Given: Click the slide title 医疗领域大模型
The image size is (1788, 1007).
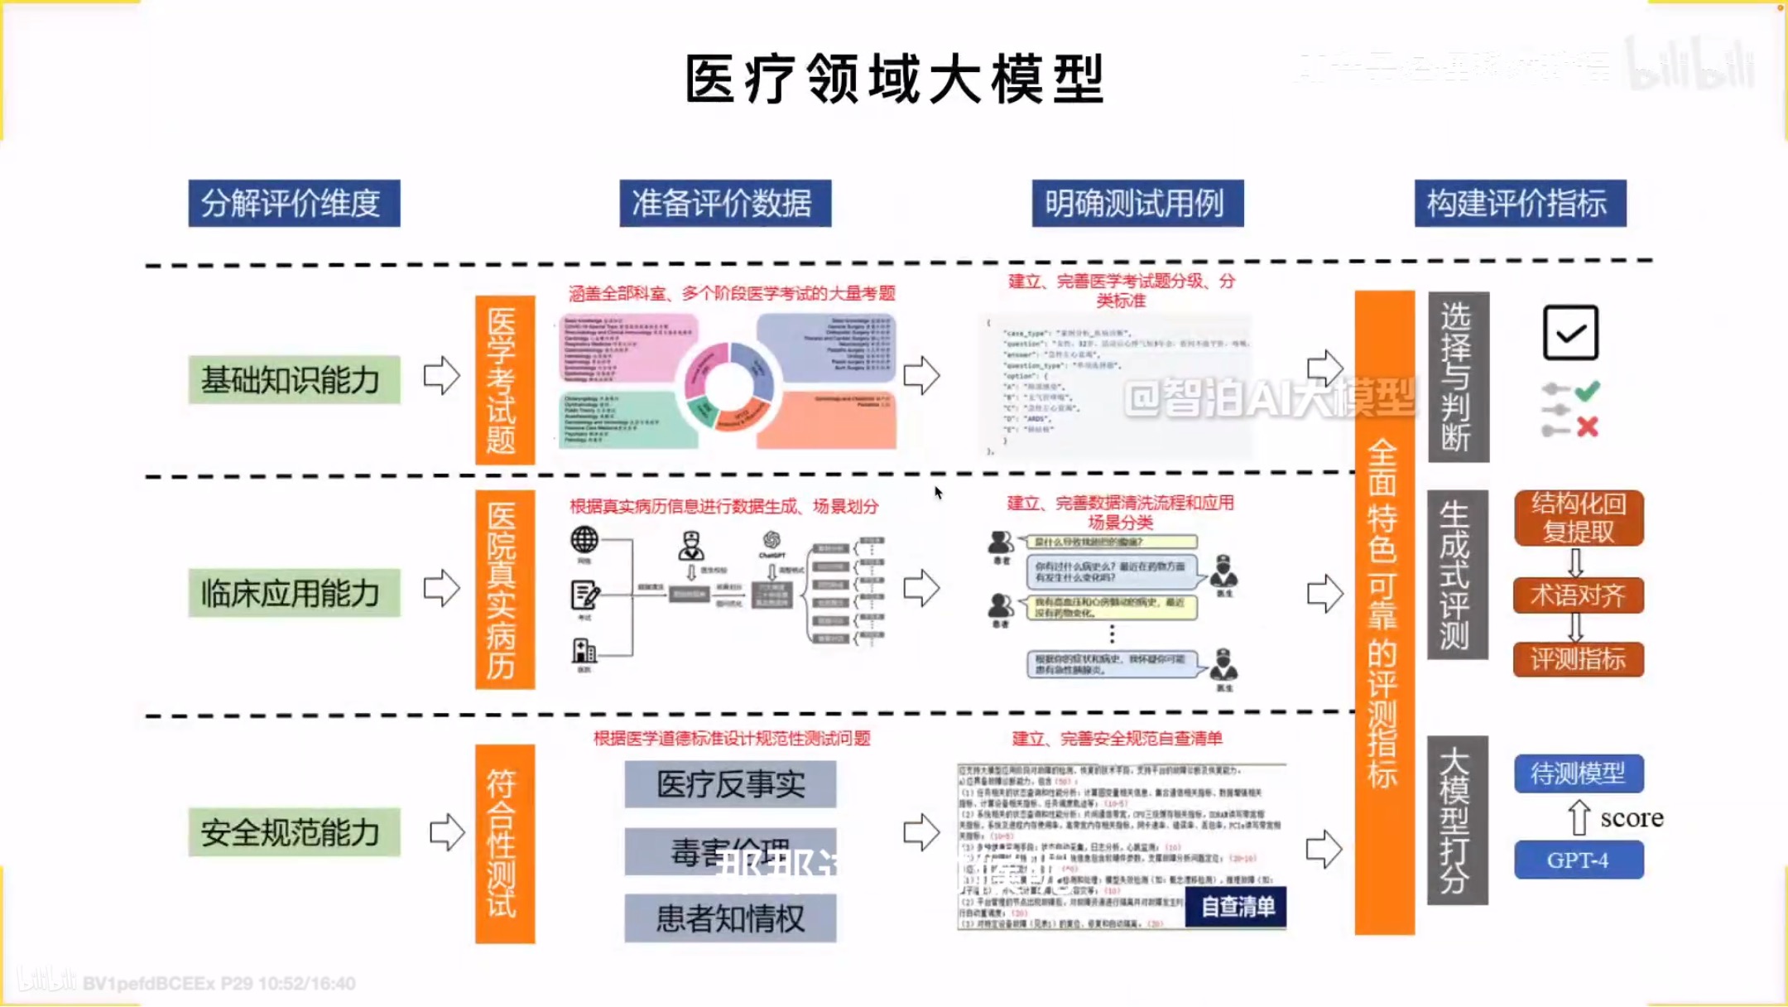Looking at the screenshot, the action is click(895, 79).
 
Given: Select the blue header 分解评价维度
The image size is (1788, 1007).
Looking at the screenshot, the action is click(294, 203).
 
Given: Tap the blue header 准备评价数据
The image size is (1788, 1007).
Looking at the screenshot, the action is click(725, 203).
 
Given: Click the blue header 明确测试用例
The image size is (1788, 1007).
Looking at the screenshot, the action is click(1137, 203).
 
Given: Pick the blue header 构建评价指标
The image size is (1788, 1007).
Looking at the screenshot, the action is click(1520, 203).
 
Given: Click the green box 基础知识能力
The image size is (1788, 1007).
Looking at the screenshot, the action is click(294, 379).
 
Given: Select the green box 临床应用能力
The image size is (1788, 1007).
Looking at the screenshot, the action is click(294, 593).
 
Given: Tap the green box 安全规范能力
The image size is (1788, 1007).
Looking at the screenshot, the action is click(294, 832).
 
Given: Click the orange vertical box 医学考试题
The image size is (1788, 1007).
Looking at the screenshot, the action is click(504, 380).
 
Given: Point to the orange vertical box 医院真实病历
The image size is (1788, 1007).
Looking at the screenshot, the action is click(504, 590).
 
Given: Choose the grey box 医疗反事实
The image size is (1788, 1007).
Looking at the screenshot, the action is click(730, 783).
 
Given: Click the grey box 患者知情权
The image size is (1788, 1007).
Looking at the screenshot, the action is click(730, 918).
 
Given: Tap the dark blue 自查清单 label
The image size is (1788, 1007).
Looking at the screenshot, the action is click(1237, 907).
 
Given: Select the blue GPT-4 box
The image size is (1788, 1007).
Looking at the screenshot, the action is click(1579, 860).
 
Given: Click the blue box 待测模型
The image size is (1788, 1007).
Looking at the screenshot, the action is click(1579, 773).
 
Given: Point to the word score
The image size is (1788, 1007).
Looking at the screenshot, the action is click(1632, 818).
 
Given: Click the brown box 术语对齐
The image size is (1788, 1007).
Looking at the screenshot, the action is click(1579, 595).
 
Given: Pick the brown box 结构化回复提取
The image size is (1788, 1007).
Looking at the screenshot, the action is click(1579, 518).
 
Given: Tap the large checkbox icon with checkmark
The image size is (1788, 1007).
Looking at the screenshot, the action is click(1570, 333).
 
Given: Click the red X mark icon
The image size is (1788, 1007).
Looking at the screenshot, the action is click(1587, 426).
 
